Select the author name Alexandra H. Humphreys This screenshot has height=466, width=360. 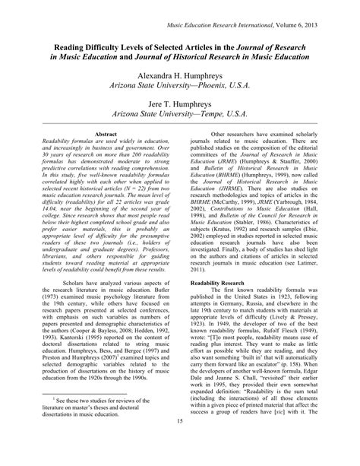180,78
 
